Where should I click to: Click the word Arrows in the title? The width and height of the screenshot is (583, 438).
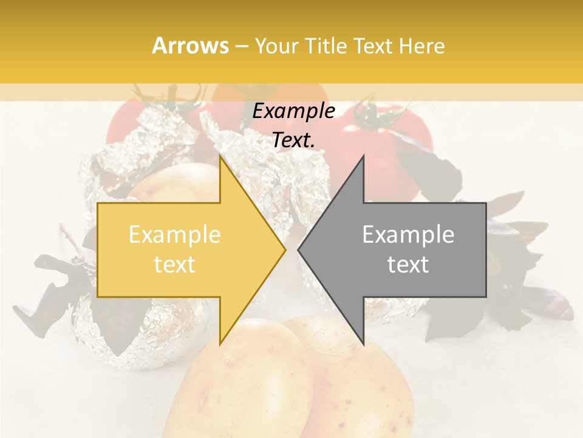click(190, 46)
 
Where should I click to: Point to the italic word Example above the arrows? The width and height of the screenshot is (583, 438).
click(294, 111)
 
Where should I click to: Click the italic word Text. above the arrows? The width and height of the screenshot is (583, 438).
click(294, 140)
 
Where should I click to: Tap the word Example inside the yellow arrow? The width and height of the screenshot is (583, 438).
click(175, 235)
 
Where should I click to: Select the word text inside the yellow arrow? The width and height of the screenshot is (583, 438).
click(175, 265)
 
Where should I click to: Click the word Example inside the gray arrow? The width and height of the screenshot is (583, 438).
click(408, 235)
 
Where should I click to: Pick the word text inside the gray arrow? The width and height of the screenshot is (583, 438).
click(408, 265)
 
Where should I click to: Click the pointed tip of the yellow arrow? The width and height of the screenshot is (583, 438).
click(285, 249)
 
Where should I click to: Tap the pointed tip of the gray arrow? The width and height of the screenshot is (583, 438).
click(299, 249)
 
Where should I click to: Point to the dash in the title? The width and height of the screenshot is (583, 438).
click(241, 46)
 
